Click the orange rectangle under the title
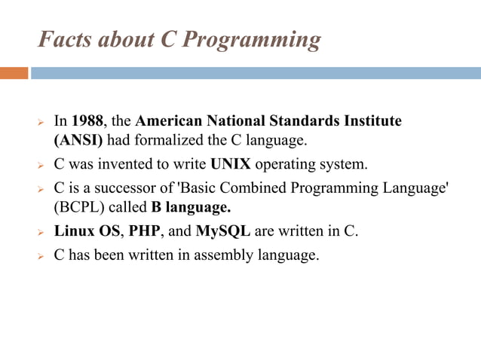click(x=14, y=73)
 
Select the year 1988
click(x=87, y=121)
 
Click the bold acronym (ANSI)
click(x=78, y=140)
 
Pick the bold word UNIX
click(x=231, y=163)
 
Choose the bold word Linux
click(x=75, y=230)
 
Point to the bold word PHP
click(x=144, y=230)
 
